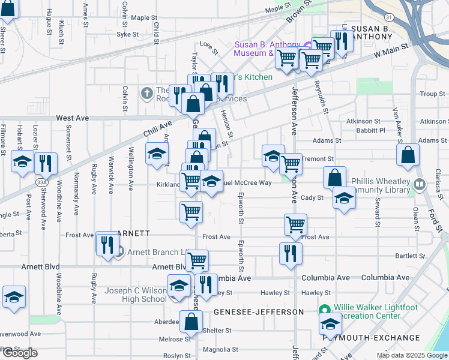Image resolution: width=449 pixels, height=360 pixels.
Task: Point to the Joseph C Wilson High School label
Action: click(136, 295)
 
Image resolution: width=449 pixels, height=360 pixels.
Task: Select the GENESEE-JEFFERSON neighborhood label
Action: click(259, 312)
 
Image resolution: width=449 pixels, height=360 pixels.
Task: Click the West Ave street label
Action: click(72, 119)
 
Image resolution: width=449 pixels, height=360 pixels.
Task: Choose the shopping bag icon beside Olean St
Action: click(408, 155)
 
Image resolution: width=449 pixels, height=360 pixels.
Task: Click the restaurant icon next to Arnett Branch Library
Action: click(107, 244)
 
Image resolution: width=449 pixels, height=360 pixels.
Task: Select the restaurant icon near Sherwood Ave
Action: click(46, 163)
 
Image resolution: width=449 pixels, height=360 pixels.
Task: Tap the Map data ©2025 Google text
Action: click(412, 355)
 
